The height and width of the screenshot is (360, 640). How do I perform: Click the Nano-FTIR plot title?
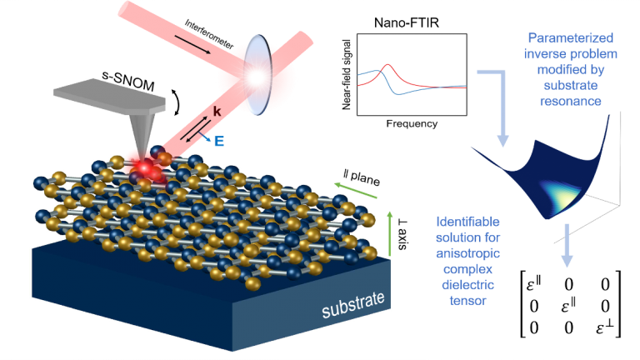(x=407, y=22)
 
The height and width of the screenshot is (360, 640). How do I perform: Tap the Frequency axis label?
(x=412, y=123)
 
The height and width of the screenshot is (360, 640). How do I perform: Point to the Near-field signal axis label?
(x=347, y=75)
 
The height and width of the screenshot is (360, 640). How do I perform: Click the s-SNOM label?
(x=128, y=81)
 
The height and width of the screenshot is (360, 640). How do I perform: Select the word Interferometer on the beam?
(x=209, y=34)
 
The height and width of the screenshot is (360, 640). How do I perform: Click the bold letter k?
(x=217, y=111)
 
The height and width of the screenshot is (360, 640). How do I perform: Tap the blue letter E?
(x=219, y=141)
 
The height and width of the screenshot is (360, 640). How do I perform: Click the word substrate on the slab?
(x=353, y=305)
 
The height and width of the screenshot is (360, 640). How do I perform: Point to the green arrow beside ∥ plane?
(x=356, y=192)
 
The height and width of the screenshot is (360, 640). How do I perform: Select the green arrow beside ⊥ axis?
(x=389, y=234)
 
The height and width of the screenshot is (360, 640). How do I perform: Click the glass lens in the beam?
(x=257, y=75)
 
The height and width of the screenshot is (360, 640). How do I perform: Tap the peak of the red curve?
(x=387, y=64)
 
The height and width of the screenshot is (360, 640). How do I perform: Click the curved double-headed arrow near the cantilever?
(x=177, y=102)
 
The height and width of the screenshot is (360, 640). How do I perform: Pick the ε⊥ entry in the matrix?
(x=604, y=327)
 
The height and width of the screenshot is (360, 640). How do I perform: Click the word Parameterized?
(x=571, y=38)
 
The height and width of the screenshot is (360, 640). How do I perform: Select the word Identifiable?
(x=467, y=222)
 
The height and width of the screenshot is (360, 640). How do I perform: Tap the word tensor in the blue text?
(x=467, y=301)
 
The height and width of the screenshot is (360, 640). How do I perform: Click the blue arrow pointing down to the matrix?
(x=567, y=245)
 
